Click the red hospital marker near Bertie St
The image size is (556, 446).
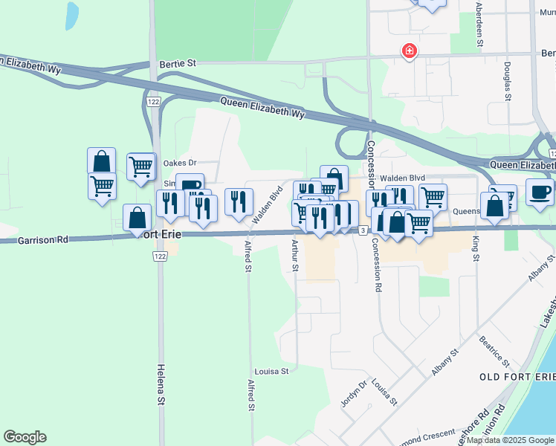tap(409, 51)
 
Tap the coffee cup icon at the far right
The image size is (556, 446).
tap(540, 193)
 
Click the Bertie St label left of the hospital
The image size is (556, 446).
tap(178, 65)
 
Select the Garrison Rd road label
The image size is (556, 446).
tap(43, 239)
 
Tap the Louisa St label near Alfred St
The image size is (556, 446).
tap(271, 371)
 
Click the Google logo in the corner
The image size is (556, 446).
tap(25, 437)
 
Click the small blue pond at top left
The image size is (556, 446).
tap(71, 16)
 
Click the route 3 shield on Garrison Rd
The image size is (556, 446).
tap(362, 230)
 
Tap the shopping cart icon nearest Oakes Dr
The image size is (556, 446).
tap(140, 166)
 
